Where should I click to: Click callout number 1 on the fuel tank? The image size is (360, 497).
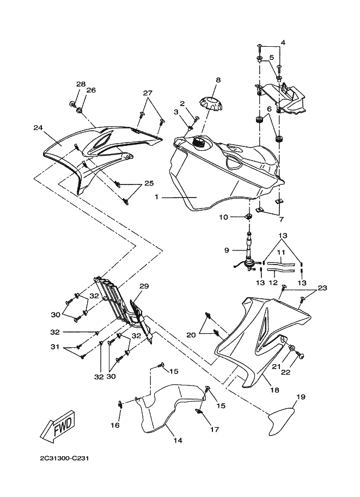coord(156,197)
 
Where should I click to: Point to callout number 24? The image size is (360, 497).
coord(38,128)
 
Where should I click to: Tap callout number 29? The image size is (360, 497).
coord(144,286)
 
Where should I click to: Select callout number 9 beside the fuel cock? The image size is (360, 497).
coord(227,250)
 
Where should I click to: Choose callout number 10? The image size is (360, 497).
coord(239,217)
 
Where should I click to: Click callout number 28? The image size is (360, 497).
coord(81,84)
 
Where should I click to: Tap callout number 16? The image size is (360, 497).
coord(115,425)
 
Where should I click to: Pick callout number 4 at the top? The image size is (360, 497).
coord(282,42)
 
